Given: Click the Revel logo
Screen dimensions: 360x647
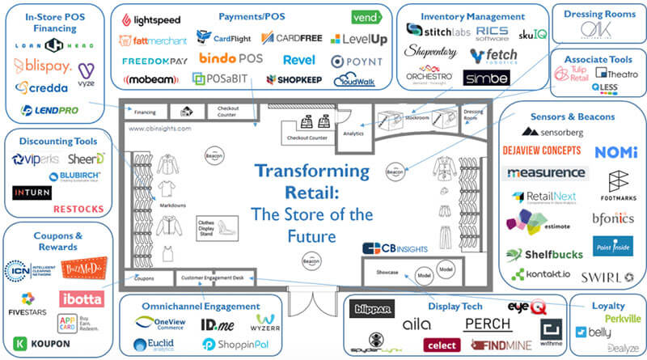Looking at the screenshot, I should pos(298,60).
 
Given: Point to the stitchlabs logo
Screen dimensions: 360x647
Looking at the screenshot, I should pos(436,30).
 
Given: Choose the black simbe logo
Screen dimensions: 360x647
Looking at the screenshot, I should pos(485,78).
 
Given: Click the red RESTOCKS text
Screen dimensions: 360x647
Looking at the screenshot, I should pos(78,209).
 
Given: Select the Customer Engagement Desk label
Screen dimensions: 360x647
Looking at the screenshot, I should pos(211,277).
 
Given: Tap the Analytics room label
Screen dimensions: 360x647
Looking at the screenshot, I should pos(353,133).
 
